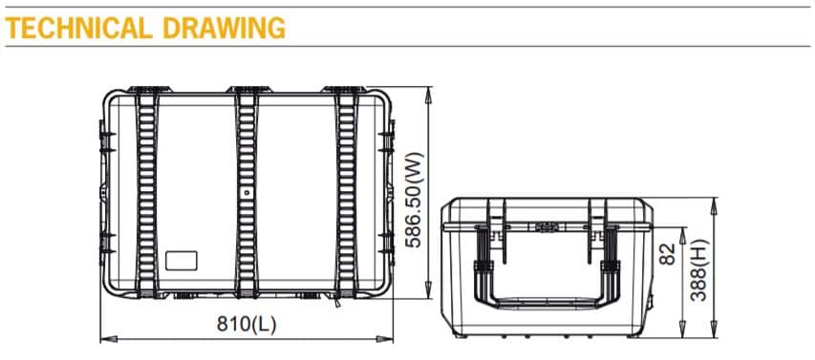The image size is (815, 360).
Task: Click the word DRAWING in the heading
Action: point(225,28)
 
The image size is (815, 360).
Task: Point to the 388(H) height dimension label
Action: point(700,268)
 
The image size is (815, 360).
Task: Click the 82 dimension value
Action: point(669,253)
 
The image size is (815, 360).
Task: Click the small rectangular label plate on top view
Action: point(180,260)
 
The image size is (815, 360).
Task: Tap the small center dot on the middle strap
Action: point(247,192)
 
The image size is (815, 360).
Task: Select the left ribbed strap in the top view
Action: point(146,191)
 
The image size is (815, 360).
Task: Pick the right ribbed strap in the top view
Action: point(345,191)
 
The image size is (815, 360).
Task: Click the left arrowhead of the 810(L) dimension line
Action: point(105,337)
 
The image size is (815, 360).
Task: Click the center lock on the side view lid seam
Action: point(545,227)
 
